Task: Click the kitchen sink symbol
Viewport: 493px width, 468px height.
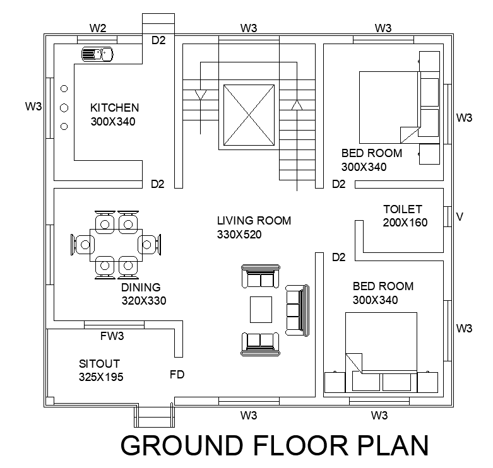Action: [97, 54]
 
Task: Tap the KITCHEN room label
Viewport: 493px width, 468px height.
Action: [114, 108]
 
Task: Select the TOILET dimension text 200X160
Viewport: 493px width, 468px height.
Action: [405, 223]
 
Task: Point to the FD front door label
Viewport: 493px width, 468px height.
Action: [177, 375]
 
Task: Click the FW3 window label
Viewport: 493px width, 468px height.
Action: [112, 336]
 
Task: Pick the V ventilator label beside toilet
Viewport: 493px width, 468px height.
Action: [460, 217]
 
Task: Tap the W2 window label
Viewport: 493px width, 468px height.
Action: [98, 28]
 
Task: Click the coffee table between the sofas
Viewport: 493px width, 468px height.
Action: [261, 310]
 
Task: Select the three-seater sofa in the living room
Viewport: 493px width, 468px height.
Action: [297, 311]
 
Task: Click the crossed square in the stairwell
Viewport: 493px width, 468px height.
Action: [249, 115]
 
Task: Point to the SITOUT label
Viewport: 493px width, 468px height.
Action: [99, 364]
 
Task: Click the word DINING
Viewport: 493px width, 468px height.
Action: [141, 287]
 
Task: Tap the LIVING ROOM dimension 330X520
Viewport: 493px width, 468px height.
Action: [239, 234]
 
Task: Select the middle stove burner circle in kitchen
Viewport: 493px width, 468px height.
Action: [64, 108]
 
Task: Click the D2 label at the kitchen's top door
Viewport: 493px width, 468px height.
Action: [158, 40]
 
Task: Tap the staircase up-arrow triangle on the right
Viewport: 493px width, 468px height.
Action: [297, 105]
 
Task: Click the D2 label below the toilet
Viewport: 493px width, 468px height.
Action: [338, 257]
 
